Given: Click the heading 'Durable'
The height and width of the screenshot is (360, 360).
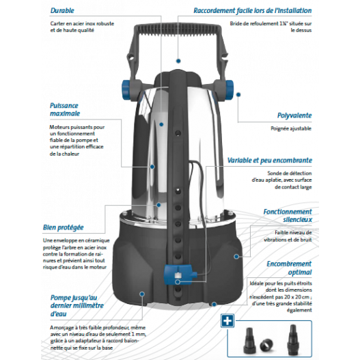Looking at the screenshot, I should click(61, 12).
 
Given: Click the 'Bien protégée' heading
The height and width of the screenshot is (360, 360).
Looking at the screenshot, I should click(62, 225).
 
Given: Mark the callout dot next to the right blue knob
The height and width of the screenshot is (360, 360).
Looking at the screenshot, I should click(238, 96).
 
